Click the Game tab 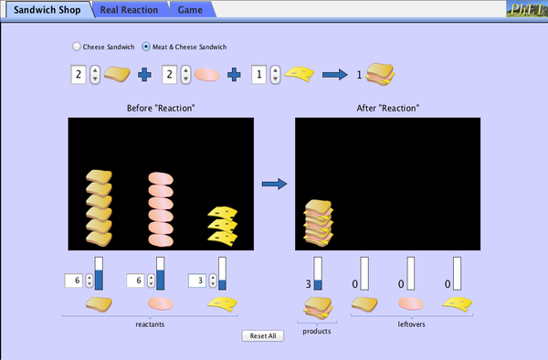(x=191, y=9)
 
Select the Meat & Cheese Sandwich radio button (x=147, y=47)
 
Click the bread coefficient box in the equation (x=79, y=75)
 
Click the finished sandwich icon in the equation (x=381, y=75)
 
